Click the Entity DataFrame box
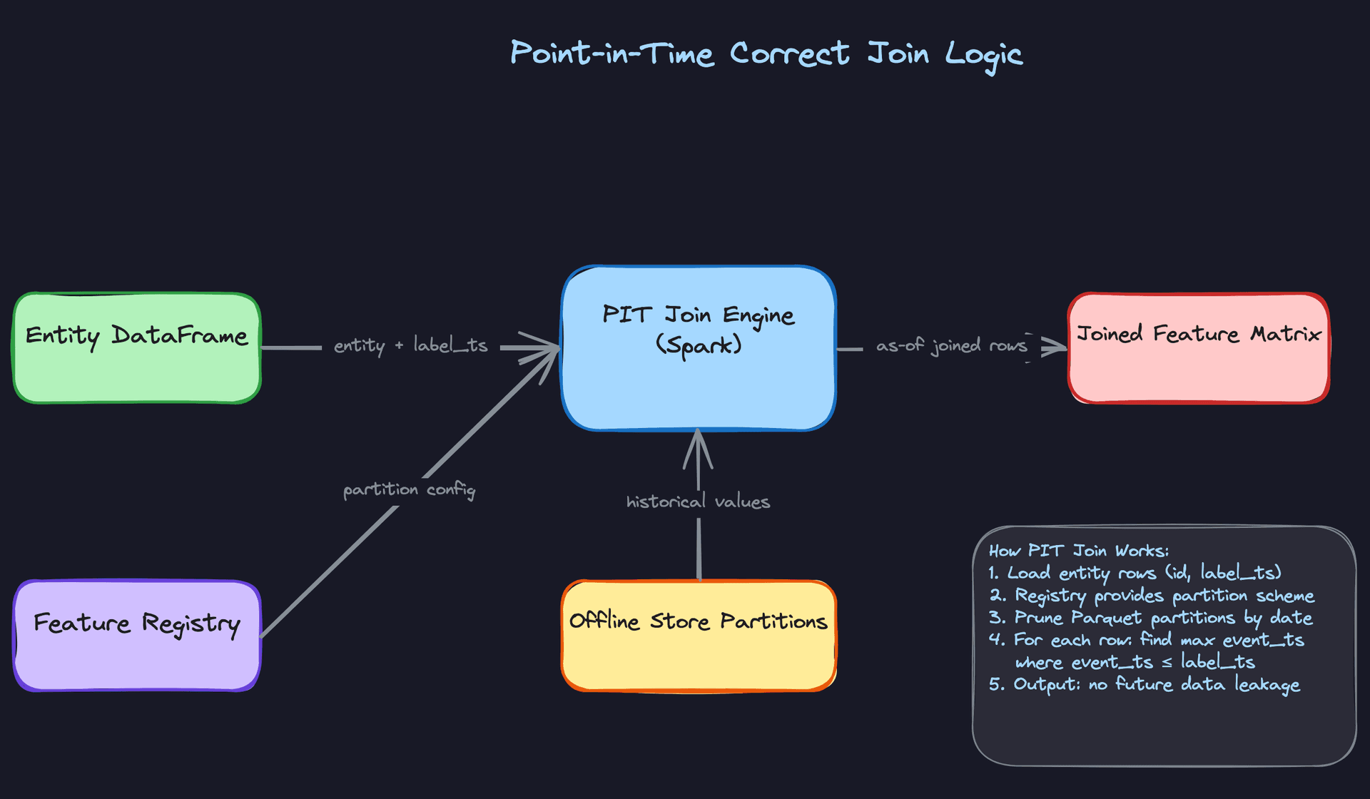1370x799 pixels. [136, 348]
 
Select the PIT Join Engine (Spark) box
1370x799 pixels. [698, 348]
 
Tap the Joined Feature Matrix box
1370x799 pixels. [1198, 348]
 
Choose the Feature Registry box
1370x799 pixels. [136, 636]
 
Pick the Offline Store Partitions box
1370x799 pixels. [698, 636]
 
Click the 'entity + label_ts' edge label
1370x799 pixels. [410, 346]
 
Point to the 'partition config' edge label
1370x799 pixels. [409, 490]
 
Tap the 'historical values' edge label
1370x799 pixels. [698, 502]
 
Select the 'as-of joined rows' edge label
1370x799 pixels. [951, 346]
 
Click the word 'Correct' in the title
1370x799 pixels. [789, 54]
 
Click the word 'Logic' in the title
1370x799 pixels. [984, 54]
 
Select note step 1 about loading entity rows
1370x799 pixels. [1135, 573]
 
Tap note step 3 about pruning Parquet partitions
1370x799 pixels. [1150, 618]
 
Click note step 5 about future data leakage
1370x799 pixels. [1144, 685]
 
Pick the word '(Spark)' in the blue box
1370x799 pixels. [699, 346]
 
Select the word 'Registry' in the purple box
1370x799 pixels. [191, 624]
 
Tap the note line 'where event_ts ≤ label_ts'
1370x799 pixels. [1135, 663]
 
